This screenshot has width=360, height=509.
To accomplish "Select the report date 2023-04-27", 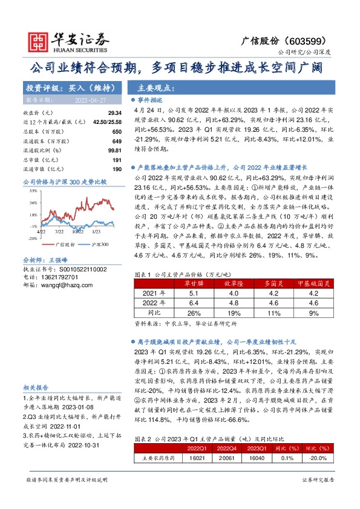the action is coord(88,100).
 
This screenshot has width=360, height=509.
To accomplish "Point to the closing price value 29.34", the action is coord(115,113).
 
